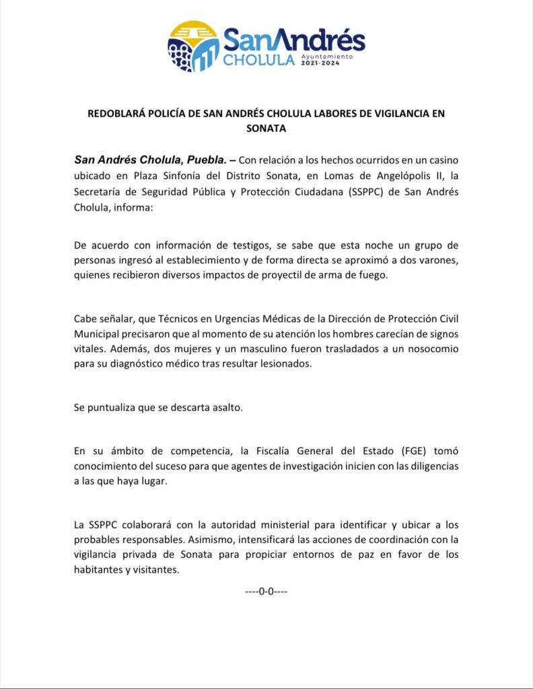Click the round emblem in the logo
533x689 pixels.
click(194, 46)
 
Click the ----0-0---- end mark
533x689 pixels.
click(266, 591)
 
